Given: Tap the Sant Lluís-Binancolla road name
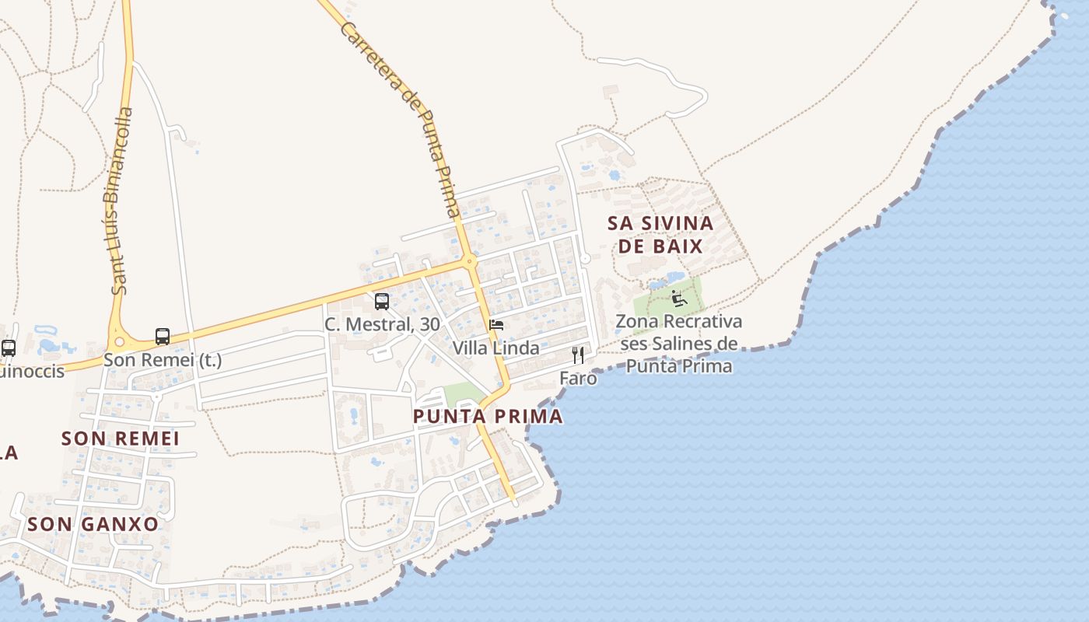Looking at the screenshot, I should (117, 201).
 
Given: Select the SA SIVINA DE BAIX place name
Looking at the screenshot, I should (660, 235).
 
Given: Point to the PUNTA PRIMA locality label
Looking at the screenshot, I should (488, 417).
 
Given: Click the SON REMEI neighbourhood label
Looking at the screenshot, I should (121, 439).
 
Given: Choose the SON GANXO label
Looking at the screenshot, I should (93, 524).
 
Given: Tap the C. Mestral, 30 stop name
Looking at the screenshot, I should (382, 325).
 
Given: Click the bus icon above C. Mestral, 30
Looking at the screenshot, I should (382, 302).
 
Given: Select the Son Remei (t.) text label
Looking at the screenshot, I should (163, 360).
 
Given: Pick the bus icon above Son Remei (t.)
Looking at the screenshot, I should (163, 337).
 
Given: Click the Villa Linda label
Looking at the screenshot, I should (496, 348).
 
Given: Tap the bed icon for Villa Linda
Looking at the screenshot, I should (496, 324).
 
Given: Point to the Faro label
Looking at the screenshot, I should (578, 379).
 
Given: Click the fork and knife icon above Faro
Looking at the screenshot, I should (578, 355).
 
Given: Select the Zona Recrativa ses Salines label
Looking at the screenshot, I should (679, 343).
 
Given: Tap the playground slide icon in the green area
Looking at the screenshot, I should (678, 297).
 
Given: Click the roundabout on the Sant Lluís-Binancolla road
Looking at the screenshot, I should (120, 341).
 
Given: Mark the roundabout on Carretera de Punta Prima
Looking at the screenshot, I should (469, 261).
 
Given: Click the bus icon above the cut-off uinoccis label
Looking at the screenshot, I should (9, 348).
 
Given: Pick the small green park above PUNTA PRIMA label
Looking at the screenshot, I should (462, 393).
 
